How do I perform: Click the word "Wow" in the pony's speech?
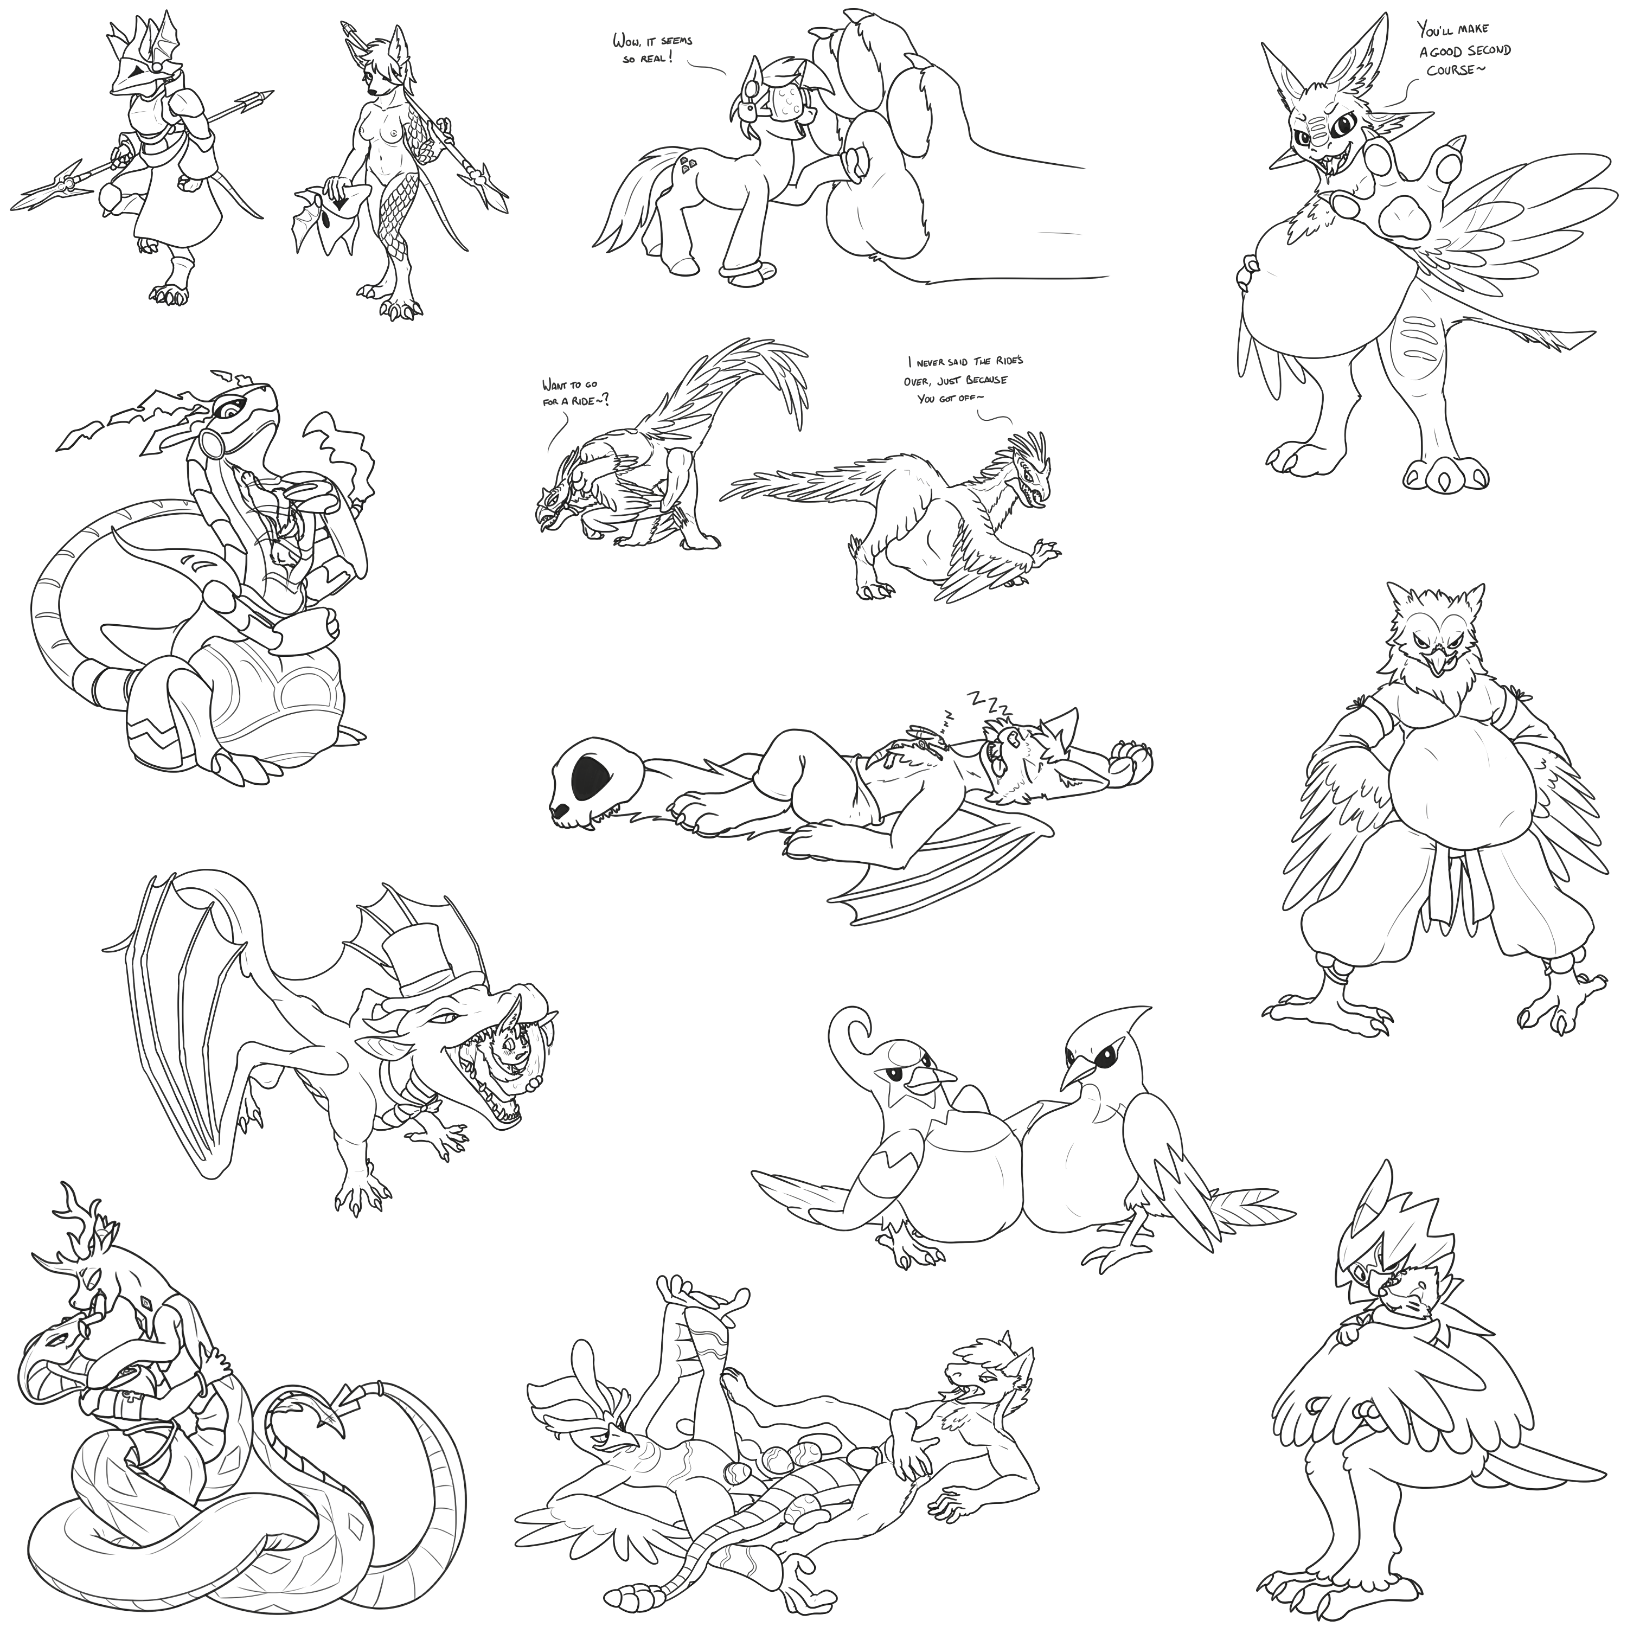[626, 40]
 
